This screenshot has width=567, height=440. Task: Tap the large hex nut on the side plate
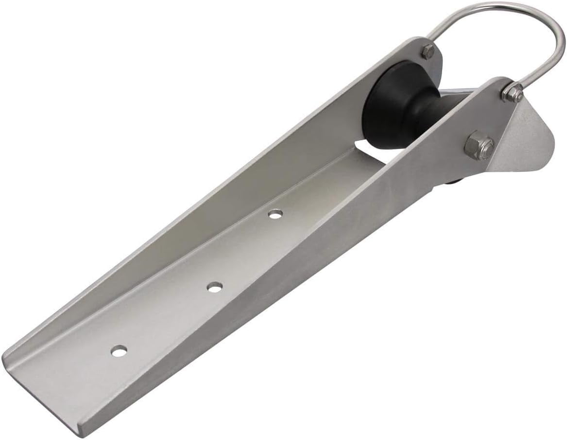click(479, 145)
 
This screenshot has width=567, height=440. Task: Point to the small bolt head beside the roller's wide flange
click(428, 51)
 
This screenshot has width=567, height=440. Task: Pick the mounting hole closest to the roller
click(275, 214)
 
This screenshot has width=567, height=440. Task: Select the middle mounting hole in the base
click(214, 287)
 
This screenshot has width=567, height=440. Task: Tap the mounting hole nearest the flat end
click(119, 350)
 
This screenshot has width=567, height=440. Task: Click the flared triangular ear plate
click(527, 136)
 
